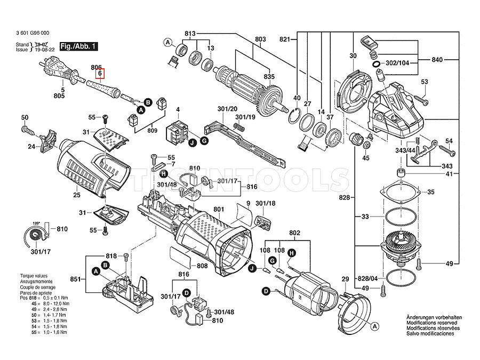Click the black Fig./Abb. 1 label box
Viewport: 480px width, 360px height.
coord(78,46)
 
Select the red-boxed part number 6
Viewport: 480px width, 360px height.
coord(100,75)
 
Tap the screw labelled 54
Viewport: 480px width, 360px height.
coord(447,152)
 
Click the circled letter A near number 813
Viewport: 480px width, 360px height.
coord(167,42)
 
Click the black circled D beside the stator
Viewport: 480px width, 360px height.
coord(266,291)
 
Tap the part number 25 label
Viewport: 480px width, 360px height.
coord(77,196)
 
